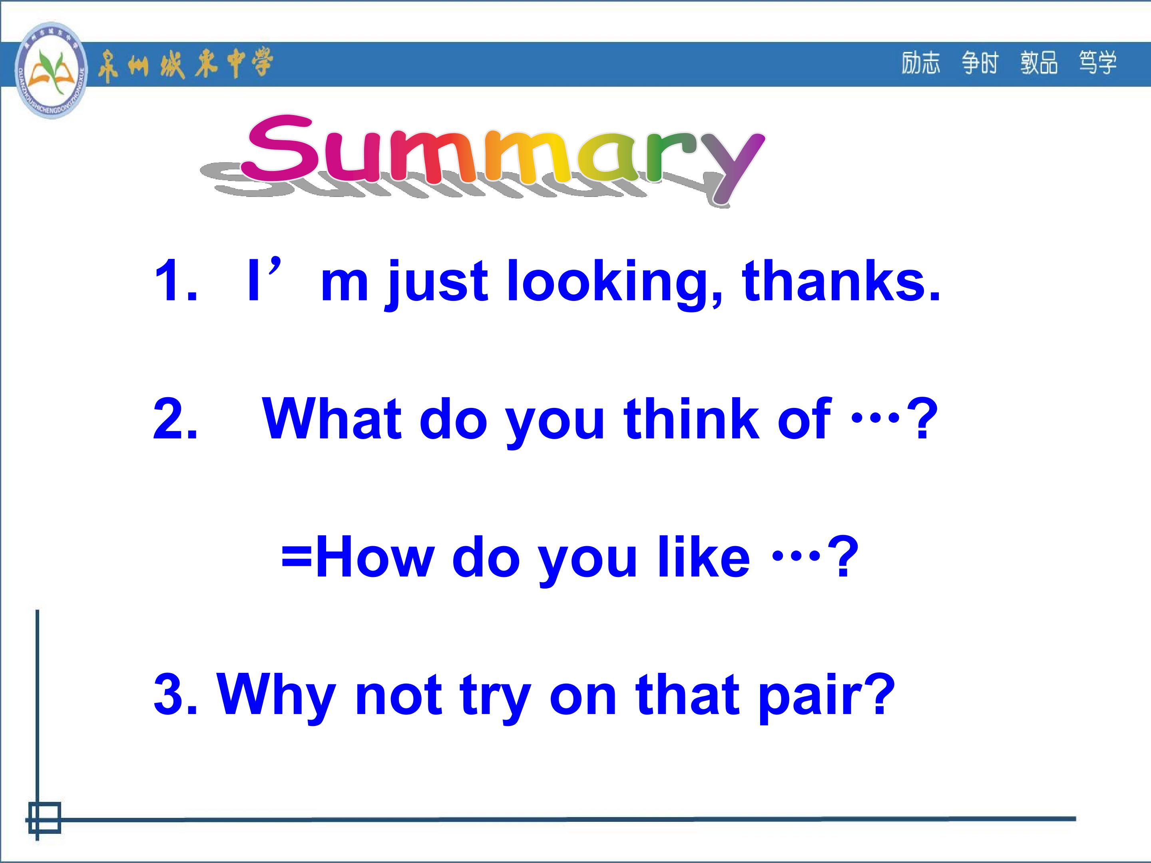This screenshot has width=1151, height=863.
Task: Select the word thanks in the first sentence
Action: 841,281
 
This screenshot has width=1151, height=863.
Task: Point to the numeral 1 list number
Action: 169,281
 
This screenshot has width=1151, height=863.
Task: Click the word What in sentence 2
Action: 333,419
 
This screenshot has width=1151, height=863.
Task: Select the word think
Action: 693,419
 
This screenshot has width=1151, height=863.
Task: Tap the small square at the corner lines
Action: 45,818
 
